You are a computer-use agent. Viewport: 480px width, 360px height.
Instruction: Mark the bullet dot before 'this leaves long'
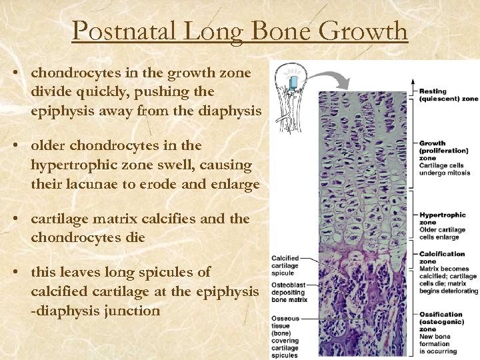click(21, 273)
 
